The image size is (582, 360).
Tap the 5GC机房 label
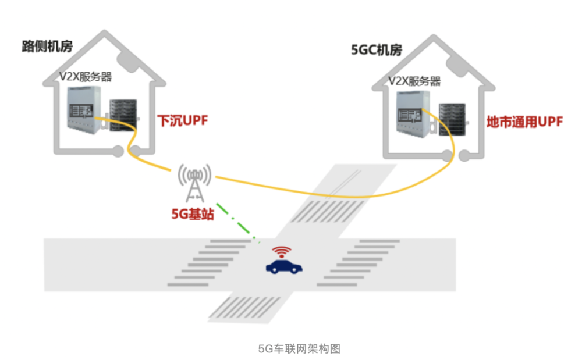point(377,50)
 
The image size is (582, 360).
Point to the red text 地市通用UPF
point(524,123)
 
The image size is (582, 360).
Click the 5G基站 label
point(193,214)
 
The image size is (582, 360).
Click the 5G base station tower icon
point(194,181)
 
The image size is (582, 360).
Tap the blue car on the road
point(285,267)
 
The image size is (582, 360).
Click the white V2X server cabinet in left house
point(81,111)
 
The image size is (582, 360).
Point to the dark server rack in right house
point(452,119)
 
